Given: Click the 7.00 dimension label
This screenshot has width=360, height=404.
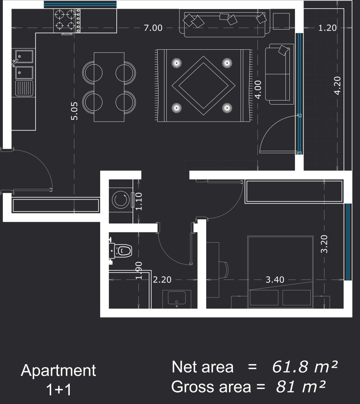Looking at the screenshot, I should (153, 28).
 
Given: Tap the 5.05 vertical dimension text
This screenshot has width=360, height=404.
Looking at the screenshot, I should (75, 111).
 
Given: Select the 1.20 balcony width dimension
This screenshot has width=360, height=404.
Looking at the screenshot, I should (328, 28).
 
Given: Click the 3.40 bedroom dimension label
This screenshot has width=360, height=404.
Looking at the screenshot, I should (274, 280).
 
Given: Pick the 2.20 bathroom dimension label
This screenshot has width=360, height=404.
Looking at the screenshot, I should (162, 280).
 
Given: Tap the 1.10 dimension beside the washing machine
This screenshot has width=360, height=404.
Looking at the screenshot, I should (138, 201).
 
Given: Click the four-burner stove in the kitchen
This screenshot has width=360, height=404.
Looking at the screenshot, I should (66, 21).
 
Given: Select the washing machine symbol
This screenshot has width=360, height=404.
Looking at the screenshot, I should (120, 200).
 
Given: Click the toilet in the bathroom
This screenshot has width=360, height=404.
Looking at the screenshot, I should (122, 251).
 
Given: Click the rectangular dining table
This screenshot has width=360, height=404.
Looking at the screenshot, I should (109, 87).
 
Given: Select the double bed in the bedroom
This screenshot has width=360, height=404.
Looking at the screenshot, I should (280, 272).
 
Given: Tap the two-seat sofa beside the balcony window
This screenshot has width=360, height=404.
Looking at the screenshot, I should (279, 74).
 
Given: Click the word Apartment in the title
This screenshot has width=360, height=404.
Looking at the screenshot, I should (58, 371).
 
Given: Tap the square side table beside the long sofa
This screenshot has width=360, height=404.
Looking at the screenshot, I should (281, 21).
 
